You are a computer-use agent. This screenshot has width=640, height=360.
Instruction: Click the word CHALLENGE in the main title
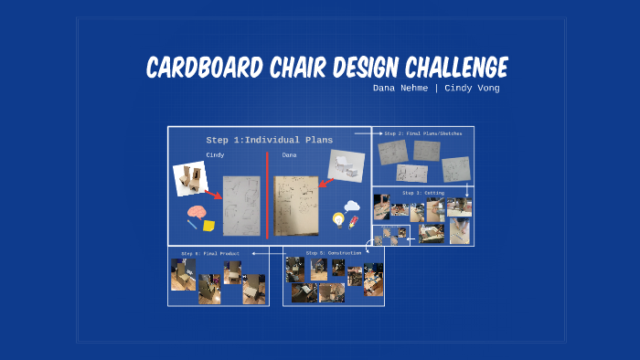[x=448, y=68]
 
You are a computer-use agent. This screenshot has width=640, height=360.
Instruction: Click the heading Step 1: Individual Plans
[x=269, y=140]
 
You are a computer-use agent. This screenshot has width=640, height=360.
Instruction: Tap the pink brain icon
[x=196, y=213]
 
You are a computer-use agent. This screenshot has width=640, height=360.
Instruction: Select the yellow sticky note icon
[x=210, y=224]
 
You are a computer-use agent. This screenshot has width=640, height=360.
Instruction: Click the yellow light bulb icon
[x=338, y=219]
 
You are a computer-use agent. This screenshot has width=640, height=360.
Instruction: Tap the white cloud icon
[x=352, y=207]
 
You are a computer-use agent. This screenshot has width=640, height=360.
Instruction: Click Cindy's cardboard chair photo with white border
[x=192, y=179]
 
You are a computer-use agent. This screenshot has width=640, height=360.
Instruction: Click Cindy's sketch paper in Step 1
[x=241, y=205]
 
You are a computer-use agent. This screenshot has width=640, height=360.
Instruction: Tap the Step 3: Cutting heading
[x=422, y=193]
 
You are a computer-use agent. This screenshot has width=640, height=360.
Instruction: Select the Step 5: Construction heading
[x=327, y=252]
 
